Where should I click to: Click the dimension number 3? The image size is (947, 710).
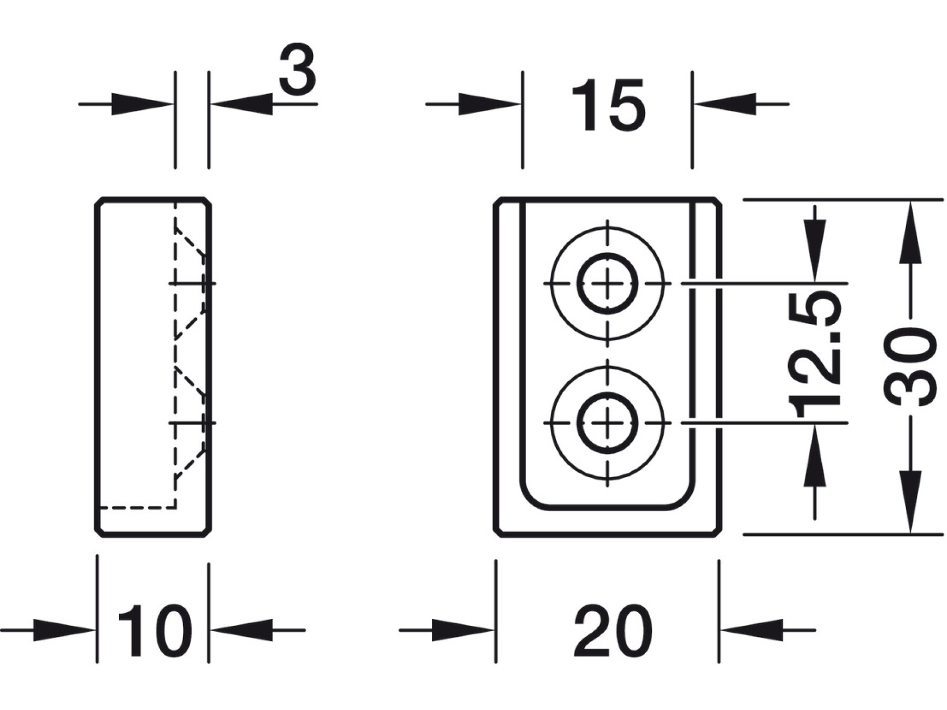(x=297, y=69)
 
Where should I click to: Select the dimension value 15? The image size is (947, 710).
(x=608, y=105)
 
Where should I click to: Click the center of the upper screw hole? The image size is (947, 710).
(x=608, y=283)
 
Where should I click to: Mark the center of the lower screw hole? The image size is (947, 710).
(x=608, y=423)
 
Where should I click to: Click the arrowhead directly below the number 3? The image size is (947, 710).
(x=242, y=104)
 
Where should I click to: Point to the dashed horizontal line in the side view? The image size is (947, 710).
(x=137, y=508)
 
